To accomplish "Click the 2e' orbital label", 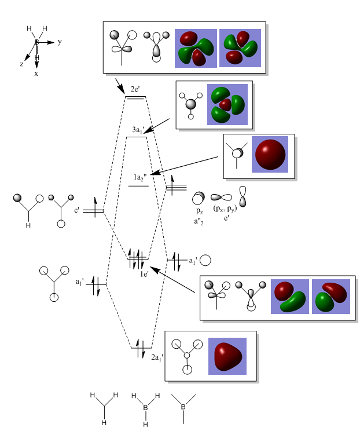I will pyautogui.click(x=135, y=89).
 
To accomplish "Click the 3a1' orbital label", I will pyautogui.click(x=138, y=130).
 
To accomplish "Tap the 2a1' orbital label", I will pyautogui.click(x=157, y=357).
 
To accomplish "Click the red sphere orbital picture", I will pyautogui.click(x=270, y=154).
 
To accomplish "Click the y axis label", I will pyautogui.click(x=60, y=42).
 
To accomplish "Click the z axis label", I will pyautogui.click(x=22, y=64).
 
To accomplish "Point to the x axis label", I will pyautogui.click(x=36, y=74).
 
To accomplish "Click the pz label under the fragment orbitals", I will pyautogui.click(x=199, y=212).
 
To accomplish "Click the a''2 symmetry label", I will pyautogui.click(x=199, y=221).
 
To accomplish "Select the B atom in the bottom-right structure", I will pyautogui.click(x=183, y=407).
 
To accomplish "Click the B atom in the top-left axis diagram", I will pyautogui.click(x=36, y=42).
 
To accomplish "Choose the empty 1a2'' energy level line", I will pyautogui.click(x=138, y=186).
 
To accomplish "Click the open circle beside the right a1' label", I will pyautogui.click(x=205, y=261).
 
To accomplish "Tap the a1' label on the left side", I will pyautogui.click(x=79, y=282).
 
